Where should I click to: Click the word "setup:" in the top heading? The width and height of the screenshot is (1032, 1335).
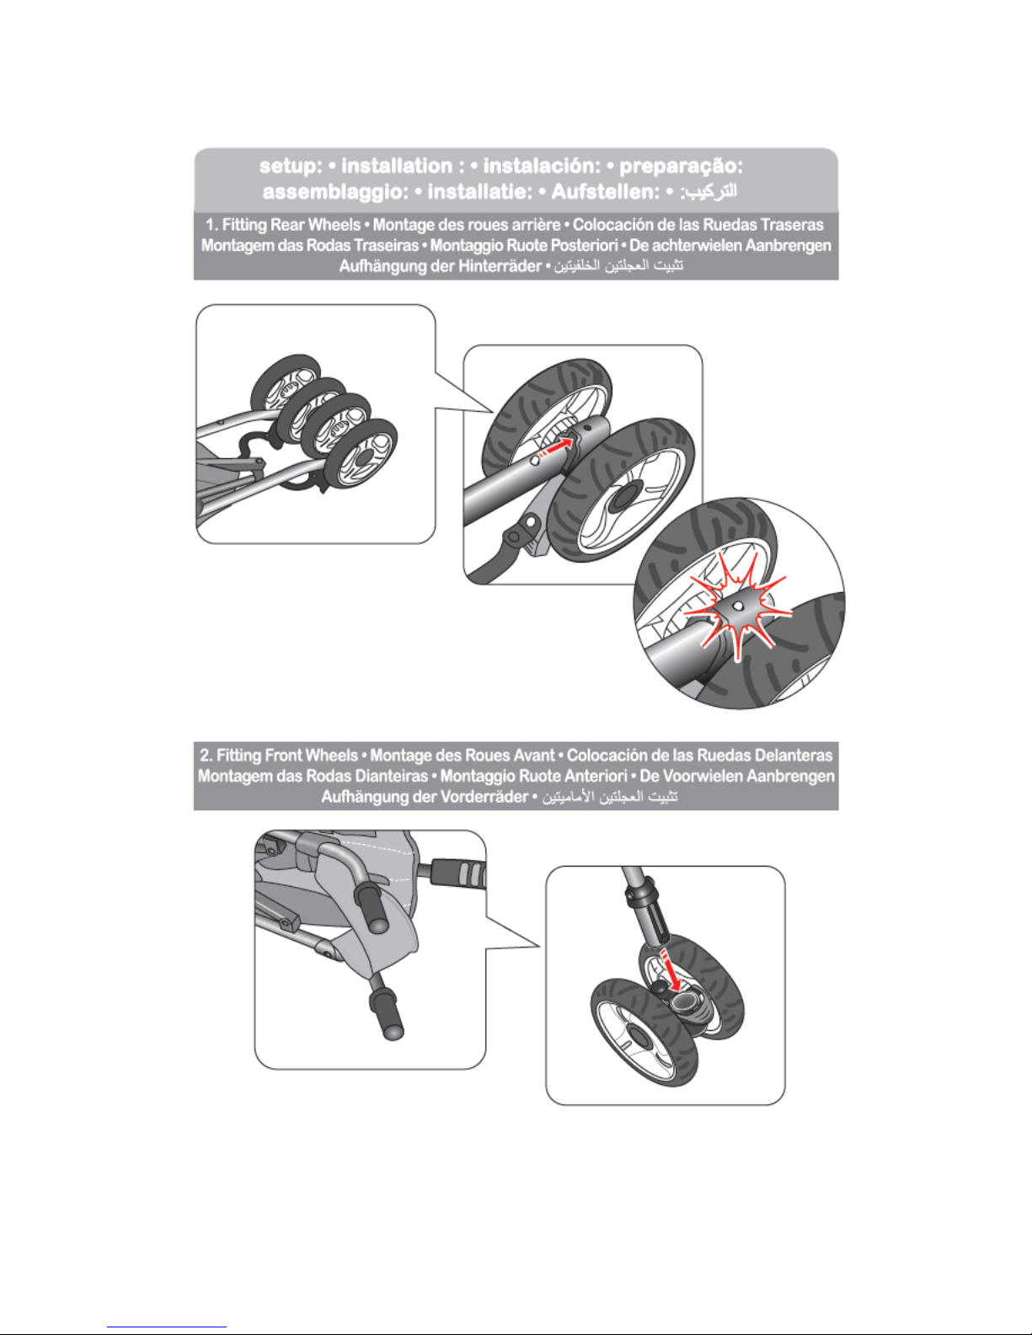coord(291,166)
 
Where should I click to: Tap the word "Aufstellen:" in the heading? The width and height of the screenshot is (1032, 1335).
coord(606,192)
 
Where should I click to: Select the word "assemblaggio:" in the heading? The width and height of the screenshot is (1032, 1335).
coord(335,192)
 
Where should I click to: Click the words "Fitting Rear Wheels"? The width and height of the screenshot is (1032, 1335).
coord(291,225)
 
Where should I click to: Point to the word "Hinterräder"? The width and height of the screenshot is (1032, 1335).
coord(500,267)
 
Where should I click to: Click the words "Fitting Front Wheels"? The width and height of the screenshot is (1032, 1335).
coord(287,755)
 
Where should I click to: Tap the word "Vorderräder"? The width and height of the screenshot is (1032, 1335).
coord(487,797)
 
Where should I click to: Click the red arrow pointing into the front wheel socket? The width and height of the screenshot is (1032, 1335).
coord(671,969)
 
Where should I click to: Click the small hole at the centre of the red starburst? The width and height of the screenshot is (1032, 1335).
coord(739,606)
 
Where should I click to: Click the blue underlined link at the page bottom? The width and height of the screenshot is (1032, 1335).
coord(167,1327)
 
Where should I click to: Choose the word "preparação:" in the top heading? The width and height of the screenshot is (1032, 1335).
coord(682,167)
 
